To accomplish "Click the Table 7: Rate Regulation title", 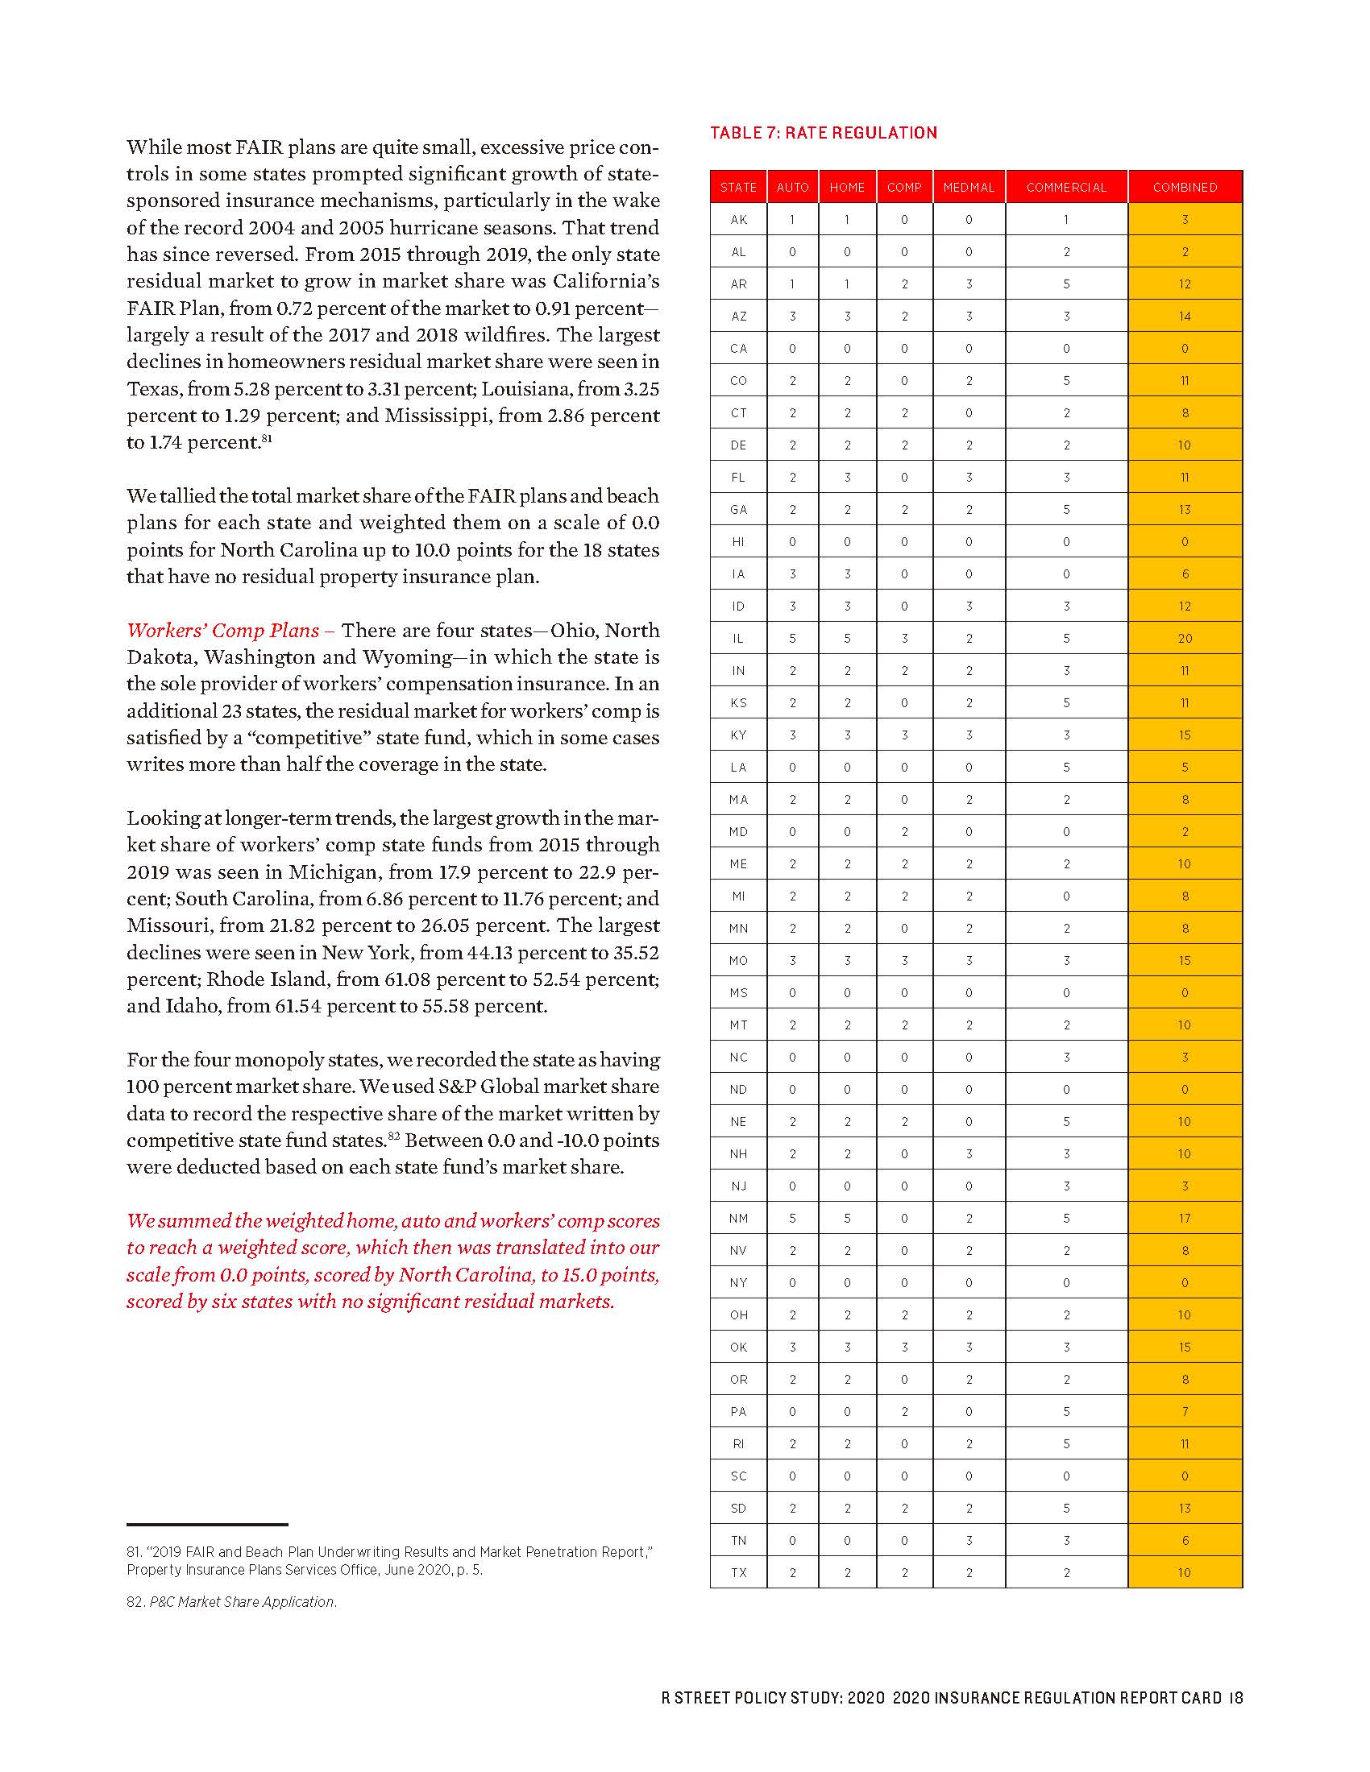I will (823, 132).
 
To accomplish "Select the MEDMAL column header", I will (968, 188).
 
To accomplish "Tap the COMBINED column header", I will (1184, 188).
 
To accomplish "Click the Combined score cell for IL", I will (1184, 639).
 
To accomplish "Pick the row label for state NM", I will (737, 1218).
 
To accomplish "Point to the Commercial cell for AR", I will (1065, 284).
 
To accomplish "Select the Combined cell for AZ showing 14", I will (1184, 317).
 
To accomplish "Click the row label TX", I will (737, 1572).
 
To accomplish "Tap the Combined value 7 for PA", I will (1184, 1412).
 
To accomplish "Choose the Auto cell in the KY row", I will (792, 735).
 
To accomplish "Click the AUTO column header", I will (792, 188).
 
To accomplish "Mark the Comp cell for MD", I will (904, 832).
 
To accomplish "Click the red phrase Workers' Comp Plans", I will (223, 631).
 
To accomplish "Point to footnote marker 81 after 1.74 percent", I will (266, 439).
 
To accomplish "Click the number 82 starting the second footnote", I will (135, 1601).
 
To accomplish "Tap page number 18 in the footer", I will (1235, 1697).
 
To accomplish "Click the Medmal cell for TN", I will (968, 1540).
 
